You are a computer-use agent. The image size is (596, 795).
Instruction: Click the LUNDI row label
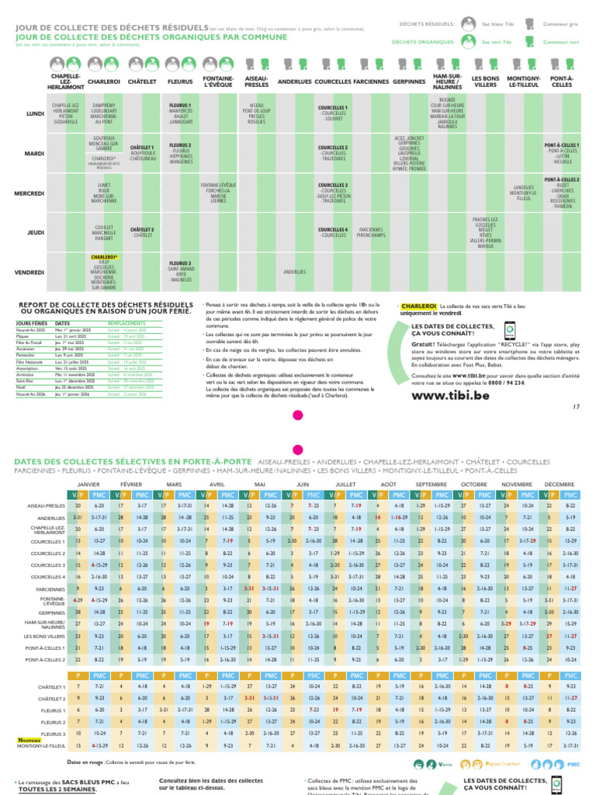[35, 113]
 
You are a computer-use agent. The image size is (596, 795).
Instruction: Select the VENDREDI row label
[29, 273]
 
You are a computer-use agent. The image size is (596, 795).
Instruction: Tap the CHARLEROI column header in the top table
[103, 81]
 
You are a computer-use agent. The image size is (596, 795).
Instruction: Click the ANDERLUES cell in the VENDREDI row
[294, 272]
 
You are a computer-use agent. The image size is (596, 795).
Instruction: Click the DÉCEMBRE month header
[560, 483]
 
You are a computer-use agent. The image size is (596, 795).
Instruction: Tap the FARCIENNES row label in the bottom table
[50, 589]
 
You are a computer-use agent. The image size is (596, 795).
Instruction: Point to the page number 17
[576, 406]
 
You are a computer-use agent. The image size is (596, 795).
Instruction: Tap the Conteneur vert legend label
[560, 41]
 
